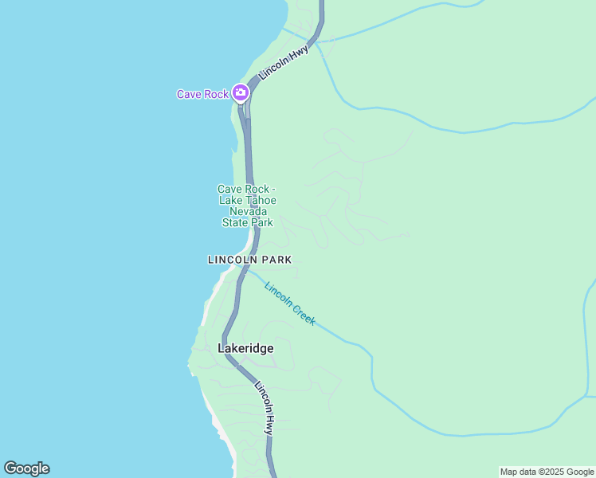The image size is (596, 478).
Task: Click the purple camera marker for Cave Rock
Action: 241,93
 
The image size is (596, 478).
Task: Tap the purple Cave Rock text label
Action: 202,94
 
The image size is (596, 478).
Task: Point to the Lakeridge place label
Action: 245,348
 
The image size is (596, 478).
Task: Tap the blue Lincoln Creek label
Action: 290,304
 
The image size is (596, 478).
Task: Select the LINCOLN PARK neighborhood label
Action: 249,260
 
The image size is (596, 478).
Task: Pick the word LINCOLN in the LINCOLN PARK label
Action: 230,260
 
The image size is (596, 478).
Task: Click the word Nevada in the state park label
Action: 248,211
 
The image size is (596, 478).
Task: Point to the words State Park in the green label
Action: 247,222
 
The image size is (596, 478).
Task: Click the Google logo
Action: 26,468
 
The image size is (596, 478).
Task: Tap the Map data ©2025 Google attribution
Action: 547,472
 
